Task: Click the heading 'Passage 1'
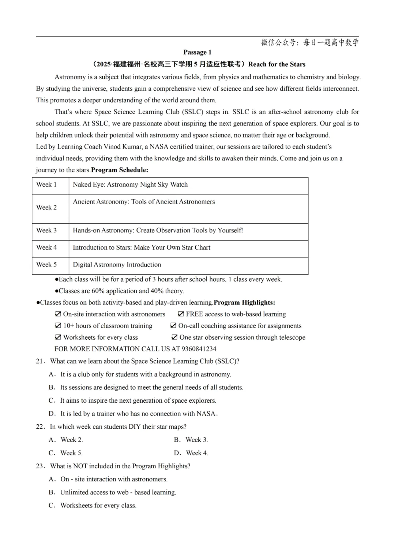point(197,52)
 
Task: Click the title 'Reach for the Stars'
point(276,64)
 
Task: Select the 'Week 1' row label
point(46,185)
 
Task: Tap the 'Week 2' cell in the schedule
point(46,208)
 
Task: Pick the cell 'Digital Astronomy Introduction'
point(117,265)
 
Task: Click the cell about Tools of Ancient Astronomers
point(144,202)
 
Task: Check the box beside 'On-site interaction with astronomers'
point(58,314)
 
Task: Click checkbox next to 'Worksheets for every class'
point(58,337)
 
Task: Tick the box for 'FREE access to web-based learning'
point(181,314)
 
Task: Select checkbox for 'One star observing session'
point(174,337)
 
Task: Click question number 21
point(40,361)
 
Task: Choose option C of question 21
point(138,400)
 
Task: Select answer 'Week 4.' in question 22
point(197,453)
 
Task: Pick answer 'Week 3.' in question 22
point(196,440)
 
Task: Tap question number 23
point(40,466)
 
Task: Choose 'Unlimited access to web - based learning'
point(118,492)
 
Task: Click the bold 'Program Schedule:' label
point(120,170)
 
